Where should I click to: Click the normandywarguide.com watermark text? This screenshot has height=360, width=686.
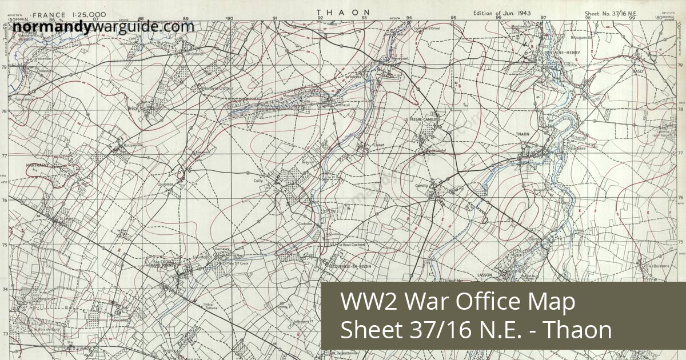(103, 26)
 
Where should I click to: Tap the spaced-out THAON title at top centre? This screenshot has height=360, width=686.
(343, 12)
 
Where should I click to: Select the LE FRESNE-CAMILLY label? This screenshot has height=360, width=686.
(425, 119)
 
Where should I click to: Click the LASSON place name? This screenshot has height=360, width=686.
(484, 275)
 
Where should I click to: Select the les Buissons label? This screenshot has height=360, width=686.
(658, 266)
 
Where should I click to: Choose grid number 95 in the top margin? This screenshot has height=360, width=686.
(454, 18)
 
